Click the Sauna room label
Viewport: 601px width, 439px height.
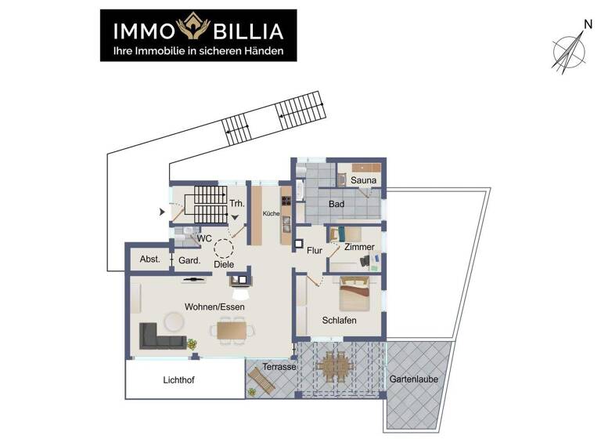(x=363, y=180)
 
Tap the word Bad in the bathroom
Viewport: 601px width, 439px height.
(x=336, y=204)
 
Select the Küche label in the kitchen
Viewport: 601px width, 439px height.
(x=271, y=213)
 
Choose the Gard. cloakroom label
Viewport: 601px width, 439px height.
(x=189, y=260)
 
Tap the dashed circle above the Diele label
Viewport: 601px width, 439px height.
(x=225, y=249)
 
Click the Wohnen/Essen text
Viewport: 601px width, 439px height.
(x=214, y=307)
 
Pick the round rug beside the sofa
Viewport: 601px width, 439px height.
(x=173, y=321)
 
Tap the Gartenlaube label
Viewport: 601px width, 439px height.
(x=414, y=379)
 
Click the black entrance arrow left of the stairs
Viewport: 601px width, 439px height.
(x=162, y=212)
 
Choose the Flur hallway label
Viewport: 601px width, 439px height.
(x=315, y=252)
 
